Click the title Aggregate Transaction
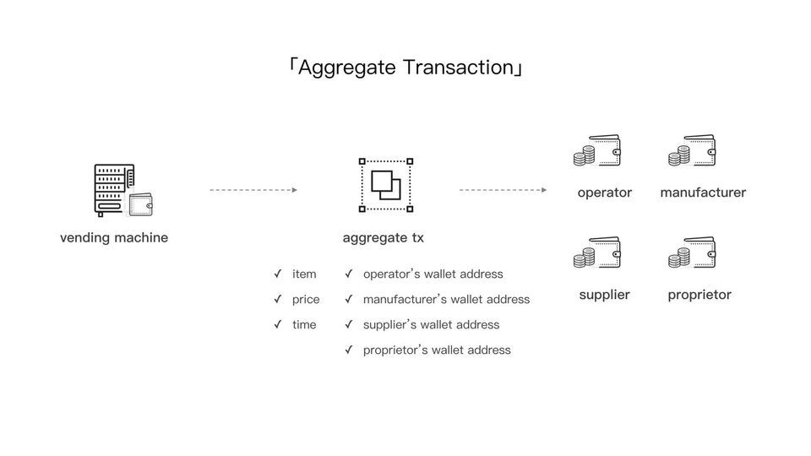405,68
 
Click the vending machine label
114,237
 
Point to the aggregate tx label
384,237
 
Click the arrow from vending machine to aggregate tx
253,190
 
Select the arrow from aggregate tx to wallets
503,190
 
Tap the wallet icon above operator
598,151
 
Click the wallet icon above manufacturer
693,151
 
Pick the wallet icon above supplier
598,252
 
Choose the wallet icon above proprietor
693,252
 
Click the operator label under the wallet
604,193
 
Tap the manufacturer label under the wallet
703,193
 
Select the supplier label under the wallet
604,295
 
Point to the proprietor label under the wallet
699,295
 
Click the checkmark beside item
278,274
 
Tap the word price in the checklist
306,299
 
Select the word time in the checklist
304,324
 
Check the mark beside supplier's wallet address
349,324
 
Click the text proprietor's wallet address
437,350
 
